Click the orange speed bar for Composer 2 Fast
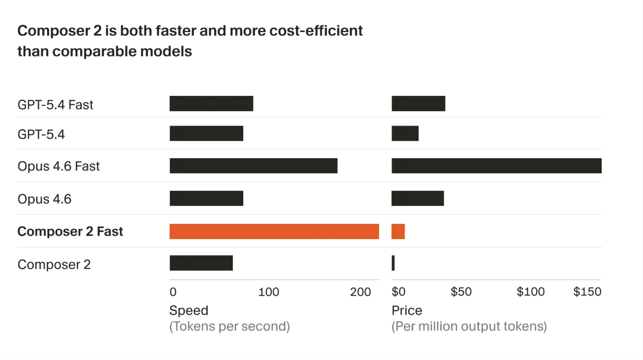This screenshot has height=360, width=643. click(x=274, y=231)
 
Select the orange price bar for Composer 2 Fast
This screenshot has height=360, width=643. click(x=398, y=231)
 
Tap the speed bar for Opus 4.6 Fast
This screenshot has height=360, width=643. click(x=253, y=166)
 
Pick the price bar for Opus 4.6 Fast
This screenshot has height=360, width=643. click(x=496, y=166)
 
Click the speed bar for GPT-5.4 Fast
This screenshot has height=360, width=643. click(x=211, y=104)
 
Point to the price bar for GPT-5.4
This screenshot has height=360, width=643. click(x=404, y=134)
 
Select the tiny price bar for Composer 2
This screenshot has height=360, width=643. click(x=393, y=263)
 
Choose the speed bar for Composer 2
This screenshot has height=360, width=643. click(x=201, y=263)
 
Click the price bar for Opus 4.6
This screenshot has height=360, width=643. click(x=417, y=198)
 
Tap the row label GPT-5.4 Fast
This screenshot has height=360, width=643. click(x=55, y=105)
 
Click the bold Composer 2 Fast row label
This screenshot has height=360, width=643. click(x=70, y=231)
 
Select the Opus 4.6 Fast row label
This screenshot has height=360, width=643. click(x=59, y=167)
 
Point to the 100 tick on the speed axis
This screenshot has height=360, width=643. click(x=269, y=292)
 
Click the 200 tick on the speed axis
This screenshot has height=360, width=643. click(x=360, y=292)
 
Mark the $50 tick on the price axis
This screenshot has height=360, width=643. click(x=461, y=292)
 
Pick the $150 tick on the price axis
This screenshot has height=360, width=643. click(x=587, y=292)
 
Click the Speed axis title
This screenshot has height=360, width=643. click(x=189, y=311)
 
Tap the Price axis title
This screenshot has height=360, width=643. click(x=407, y=311)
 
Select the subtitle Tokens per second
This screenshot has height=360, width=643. click(x=229, y=326)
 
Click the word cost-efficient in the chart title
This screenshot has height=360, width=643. click(x=316, y=31)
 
